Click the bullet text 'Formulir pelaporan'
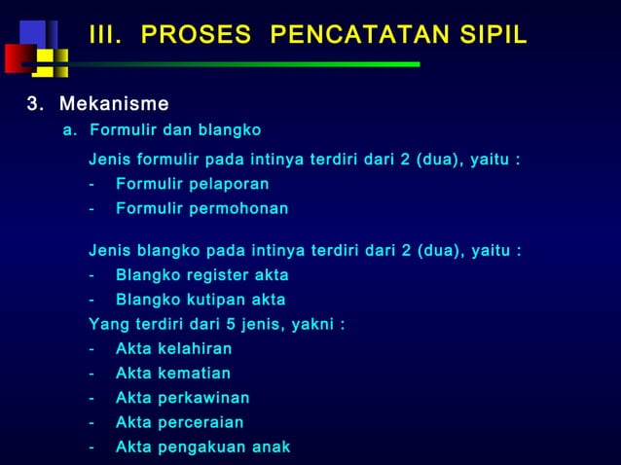192,184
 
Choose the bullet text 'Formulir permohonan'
201,208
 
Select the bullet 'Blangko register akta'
201,275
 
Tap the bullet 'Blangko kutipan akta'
201,300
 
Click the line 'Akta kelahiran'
173,348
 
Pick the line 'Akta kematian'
172,373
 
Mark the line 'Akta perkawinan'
182,397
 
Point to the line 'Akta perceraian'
179,422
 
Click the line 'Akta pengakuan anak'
202,447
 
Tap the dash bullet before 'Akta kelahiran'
91,348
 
